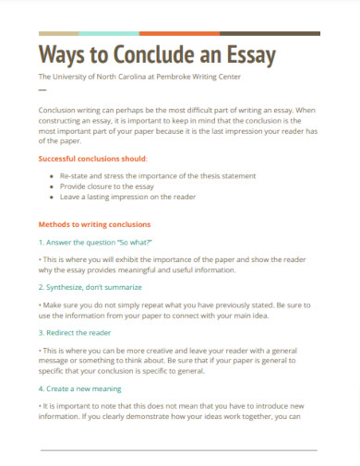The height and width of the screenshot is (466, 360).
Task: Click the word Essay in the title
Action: tap(247, 55)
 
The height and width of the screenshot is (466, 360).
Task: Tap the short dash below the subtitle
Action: tap(42, 90)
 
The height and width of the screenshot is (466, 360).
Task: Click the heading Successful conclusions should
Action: tap(91, 159)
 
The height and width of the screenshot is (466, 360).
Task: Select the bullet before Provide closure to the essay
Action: tap(51, 185)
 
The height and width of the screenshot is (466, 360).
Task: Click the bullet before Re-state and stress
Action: tap(51, 175)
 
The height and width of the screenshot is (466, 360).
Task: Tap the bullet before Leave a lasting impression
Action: tap(51, 196)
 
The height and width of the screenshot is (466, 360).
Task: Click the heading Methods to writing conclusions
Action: tap(94, 224)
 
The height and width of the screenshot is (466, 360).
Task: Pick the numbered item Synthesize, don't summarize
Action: tap(90, 287)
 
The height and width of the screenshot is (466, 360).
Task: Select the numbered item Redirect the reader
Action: tap(76, 331)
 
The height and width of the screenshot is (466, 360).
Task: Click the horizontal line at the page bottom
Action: tap(180, 450)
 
